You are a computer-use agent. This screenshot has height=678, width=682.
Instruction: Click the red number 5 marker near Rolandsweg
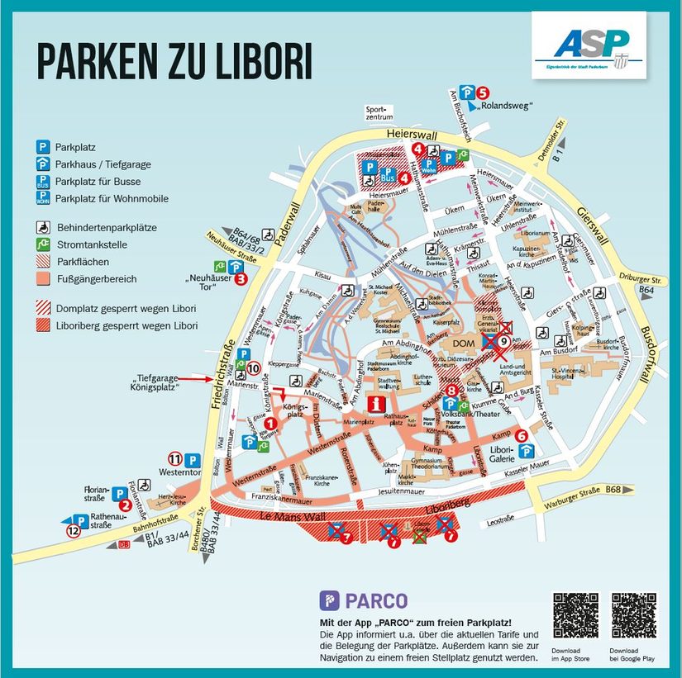483,93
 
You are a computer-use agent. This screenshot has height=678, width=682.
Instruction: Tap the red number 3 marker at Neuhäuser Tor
241,279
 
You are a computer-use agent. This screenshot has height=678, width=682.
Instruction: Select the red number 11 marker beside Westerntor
174,459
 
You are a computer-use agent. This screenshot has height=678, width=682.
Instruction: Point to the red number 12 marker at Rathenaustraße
74,532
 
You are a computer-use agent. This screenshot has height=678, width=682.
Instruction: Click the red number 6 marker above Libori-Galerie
521,436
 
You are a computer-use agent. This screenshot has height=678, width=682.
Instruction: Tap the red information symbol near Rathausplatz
379,404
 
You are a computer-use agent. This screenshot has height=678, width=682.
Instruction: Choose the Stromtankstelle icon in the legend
41,244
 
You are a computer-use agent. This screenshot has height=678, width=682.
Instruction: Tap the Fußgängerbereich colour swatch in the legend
41,279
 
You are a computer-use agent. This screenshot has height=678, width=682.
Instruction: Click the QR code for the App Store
575,615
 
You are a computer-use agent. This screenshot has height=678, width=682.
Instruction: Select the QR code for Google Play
633,615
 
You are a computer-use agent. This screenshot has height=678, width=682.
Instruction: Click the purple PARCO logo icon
329,600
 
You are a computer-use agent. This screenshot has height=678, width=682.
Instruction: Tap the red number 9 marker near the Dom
503,340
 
